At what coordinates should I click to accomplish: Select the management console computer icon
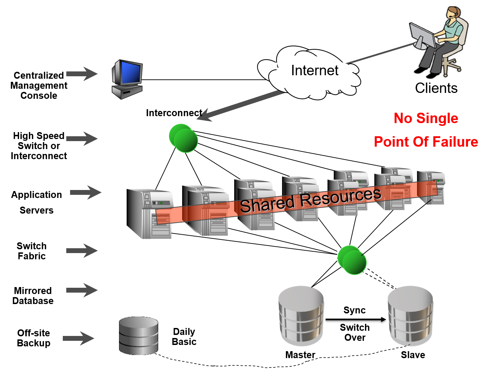tap(127, 79)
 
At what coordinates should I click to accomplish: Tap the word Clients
tap(436, 88)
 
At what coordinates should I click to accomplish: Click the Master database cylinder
tap(301, 315)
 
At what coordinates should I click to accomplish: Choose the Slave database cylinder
tap(410, 315)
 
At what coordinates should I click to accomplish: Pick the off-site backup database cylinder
tap(138, 335)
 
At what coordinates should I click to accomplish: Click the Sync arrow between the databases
tap(356, 319)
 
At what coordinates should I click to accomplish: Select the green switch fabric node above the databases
tap(352, 260)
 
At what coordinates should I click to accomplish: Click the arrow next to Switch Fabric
tap(82, 251)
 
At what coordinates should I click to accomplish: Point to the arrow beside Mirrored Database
tap(82, 290)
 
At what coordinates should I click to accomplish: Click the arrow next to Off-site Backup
tap(78, 338)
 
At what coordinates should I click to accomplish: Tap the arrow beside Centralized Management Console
tap(82, 73)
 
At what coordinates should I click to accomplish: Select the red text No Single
tap(426, 118)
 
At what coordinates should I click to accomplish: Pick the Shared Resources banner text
tap(310, 200)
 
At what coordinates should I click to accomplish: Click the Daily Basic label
tap(184, 337)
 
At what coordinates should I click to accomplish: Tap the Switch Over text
tap(355, 332)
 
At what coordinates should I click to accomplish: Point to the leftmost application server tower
tap(149, 213)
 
